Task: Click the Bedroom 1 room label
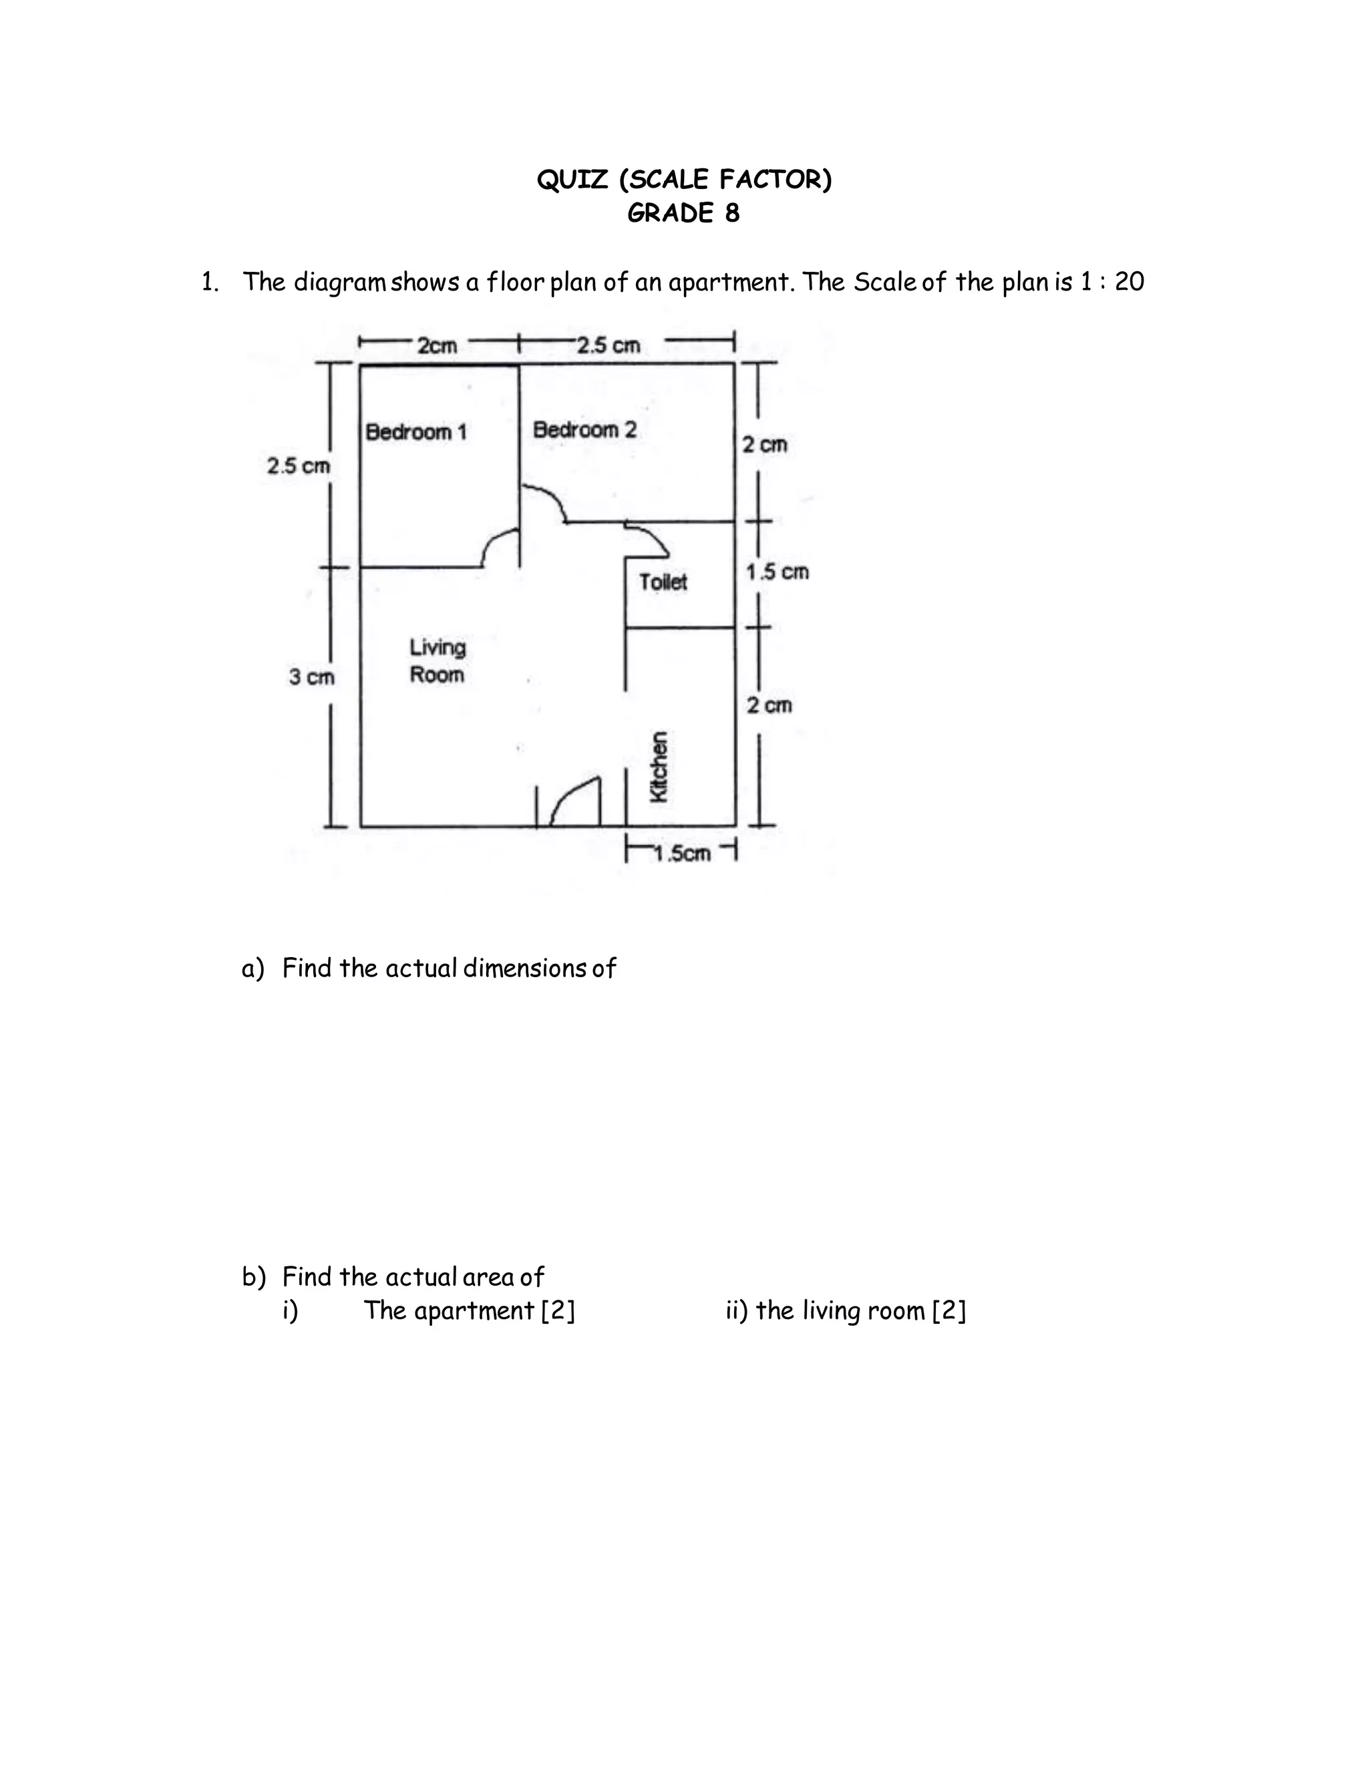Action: pyautogui.click(x=415, y=432)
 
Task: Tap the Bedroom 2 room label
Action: pyautogui.click(x=584, y=429)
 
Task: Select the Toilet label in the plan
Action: pyautogui.click(x=662, y=582)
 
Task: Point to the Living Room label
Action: pyautogui.click(x=437, y=661)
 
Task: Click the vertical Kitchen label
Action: pyautogui.click(x=660, y=767)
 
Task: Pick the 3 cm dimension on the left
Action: pyautogui.click(x=311, y=677)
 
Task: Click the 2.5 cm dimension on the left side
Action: pyautogui.click(x=298, y=466)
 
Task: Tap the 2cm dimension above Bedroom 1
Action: pyautogui.click(x=437, y=346)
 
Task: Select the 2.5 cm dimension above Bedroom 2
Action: pyautogui.click(x=609, y=346)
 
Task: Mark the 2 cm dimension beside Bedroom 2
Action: pyautogui.click(x=764, y=444)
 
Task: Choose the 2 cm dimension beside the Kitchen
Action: pyautogui.click(x=768, y=706)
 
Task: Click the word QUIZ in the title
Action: pyautogui.click(x=572, y=179)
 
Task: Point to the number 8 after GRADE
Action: pyautogui.click(x=732, y=213)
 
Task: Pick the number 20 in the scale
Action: pyautogui.click(x=1129, y=282)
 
